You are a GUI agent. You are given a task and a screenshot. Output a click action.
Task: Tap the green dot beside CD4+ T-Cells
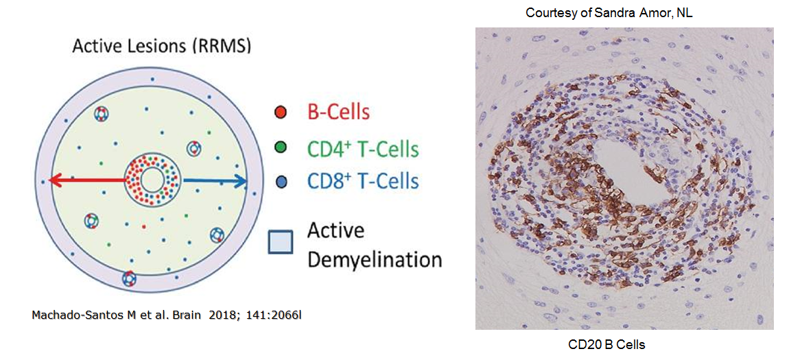coord(280,148)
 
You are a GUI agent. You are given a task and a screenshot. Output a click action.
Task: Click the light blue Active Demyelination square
coord(281,242)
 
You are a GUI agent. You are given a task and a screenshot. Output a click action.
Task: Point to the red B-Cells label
coord(338,112)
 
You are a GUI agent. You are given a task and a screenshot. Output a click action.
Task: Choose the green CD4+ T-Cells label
coord(363,148)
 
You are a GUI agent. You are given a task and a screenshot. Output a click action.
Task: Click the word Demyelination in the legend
coord(374,259)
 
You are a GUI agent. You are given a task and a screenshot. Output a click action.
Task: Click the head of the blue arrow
coord(242,180)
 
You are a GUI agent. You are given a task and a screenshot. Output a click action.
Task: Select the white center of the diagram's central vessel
coord(152,180)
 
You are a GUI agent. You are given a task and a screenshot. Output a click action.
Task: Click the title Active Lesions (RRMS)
coord(162,47)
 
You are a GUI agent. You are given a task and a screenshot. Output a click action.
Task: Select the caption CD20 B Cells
coord(606,345)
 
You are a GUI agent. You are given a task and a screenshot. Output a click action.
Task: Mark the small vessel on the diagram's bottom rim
coord(130,278)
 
